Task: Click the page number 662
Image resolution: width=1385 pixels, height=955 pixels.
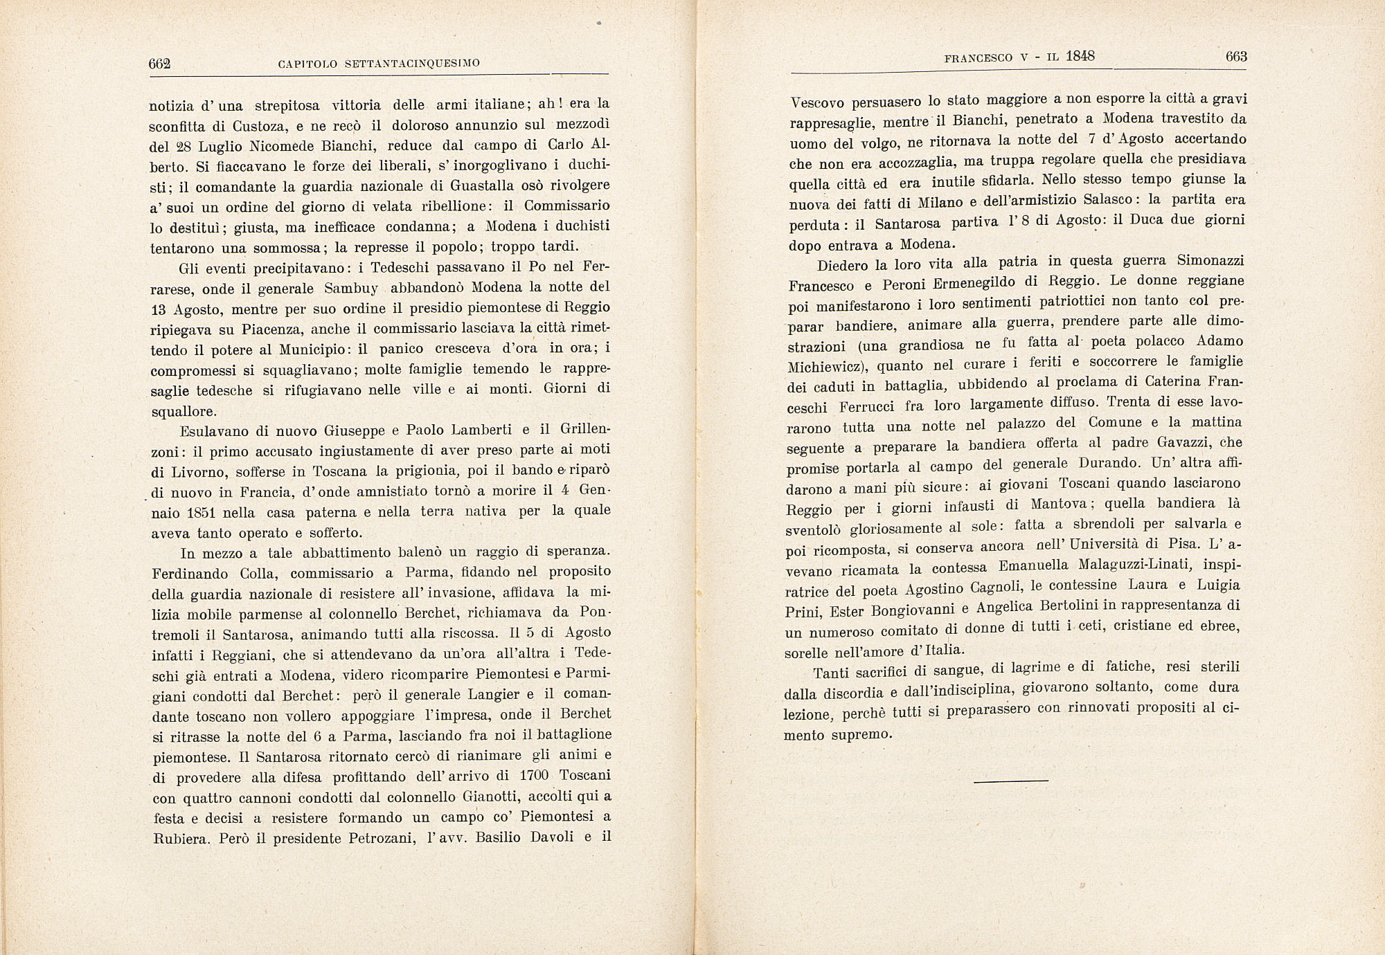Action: point(159,64)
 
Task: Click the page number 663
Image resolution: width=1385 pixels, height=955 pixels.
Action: point(1235,57)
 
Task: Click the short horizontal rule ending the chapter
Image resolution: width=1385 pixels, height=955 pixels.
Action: point(1011,781)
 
